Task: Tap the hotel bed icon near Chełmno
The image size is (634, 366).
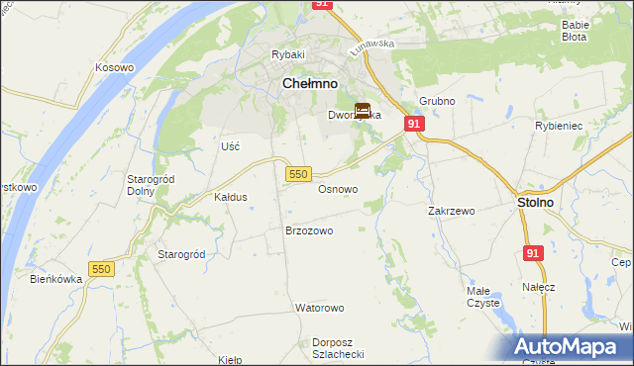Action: (x=364, y=112)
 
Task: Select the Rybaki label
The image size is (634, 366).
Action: (x=288, y=54)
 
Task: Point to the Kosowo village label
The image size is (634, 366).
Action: (x=114, y=67)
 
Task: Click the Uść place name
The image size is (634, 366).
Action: (x=231, y=145)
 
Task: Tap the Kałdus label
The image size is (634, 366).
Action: (x=230, y=197)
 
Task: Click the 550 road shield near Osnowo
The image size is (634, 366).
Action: (x=300, y=174)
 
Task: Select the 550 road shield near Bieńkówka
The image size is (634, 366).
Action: (x=101, y=269)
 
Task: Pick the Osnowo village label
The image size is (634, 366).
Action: (x=338, y=189)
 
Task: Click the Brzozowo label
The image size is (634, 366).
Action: (x=309, y=230)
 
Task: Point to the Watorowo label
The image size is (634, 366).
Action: (x=318, y=308)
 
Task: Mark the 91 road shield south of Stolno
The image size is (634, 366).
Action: (x=534, y=253)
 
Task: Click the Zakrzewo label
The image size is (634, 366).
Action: (x=452, y=211)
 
